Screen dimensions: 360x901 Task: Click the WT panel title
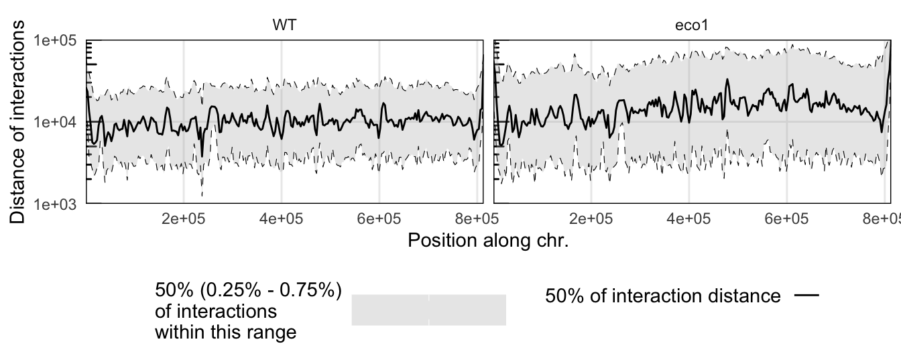[284, 25]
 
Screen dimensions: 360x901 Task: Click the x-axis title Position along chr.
[488, 240]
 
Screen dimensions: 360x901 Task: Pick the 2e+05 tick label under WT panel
[184, 219]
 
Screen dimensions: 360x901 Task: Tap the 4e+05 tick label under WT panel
[282, 219]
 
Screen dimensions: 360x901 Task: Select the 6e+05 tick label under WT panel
[379, 219]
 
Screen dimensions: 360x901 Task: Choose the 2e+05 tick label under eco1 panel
[591, 219]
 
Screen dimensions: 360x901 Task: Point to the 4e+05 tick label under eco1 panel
[689, 219]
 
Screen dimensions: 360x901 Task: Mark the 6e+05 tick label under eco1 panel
[786, 219]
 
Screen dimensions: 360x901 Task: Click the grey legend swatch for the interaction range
[428, 310]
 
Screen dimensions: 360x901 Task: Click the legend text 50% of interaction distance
[662, 296]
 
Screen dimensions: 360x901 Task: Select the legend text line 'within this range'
[225, 331]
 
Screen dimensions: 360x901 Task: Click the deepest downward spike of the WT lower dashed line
[202, 195]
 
